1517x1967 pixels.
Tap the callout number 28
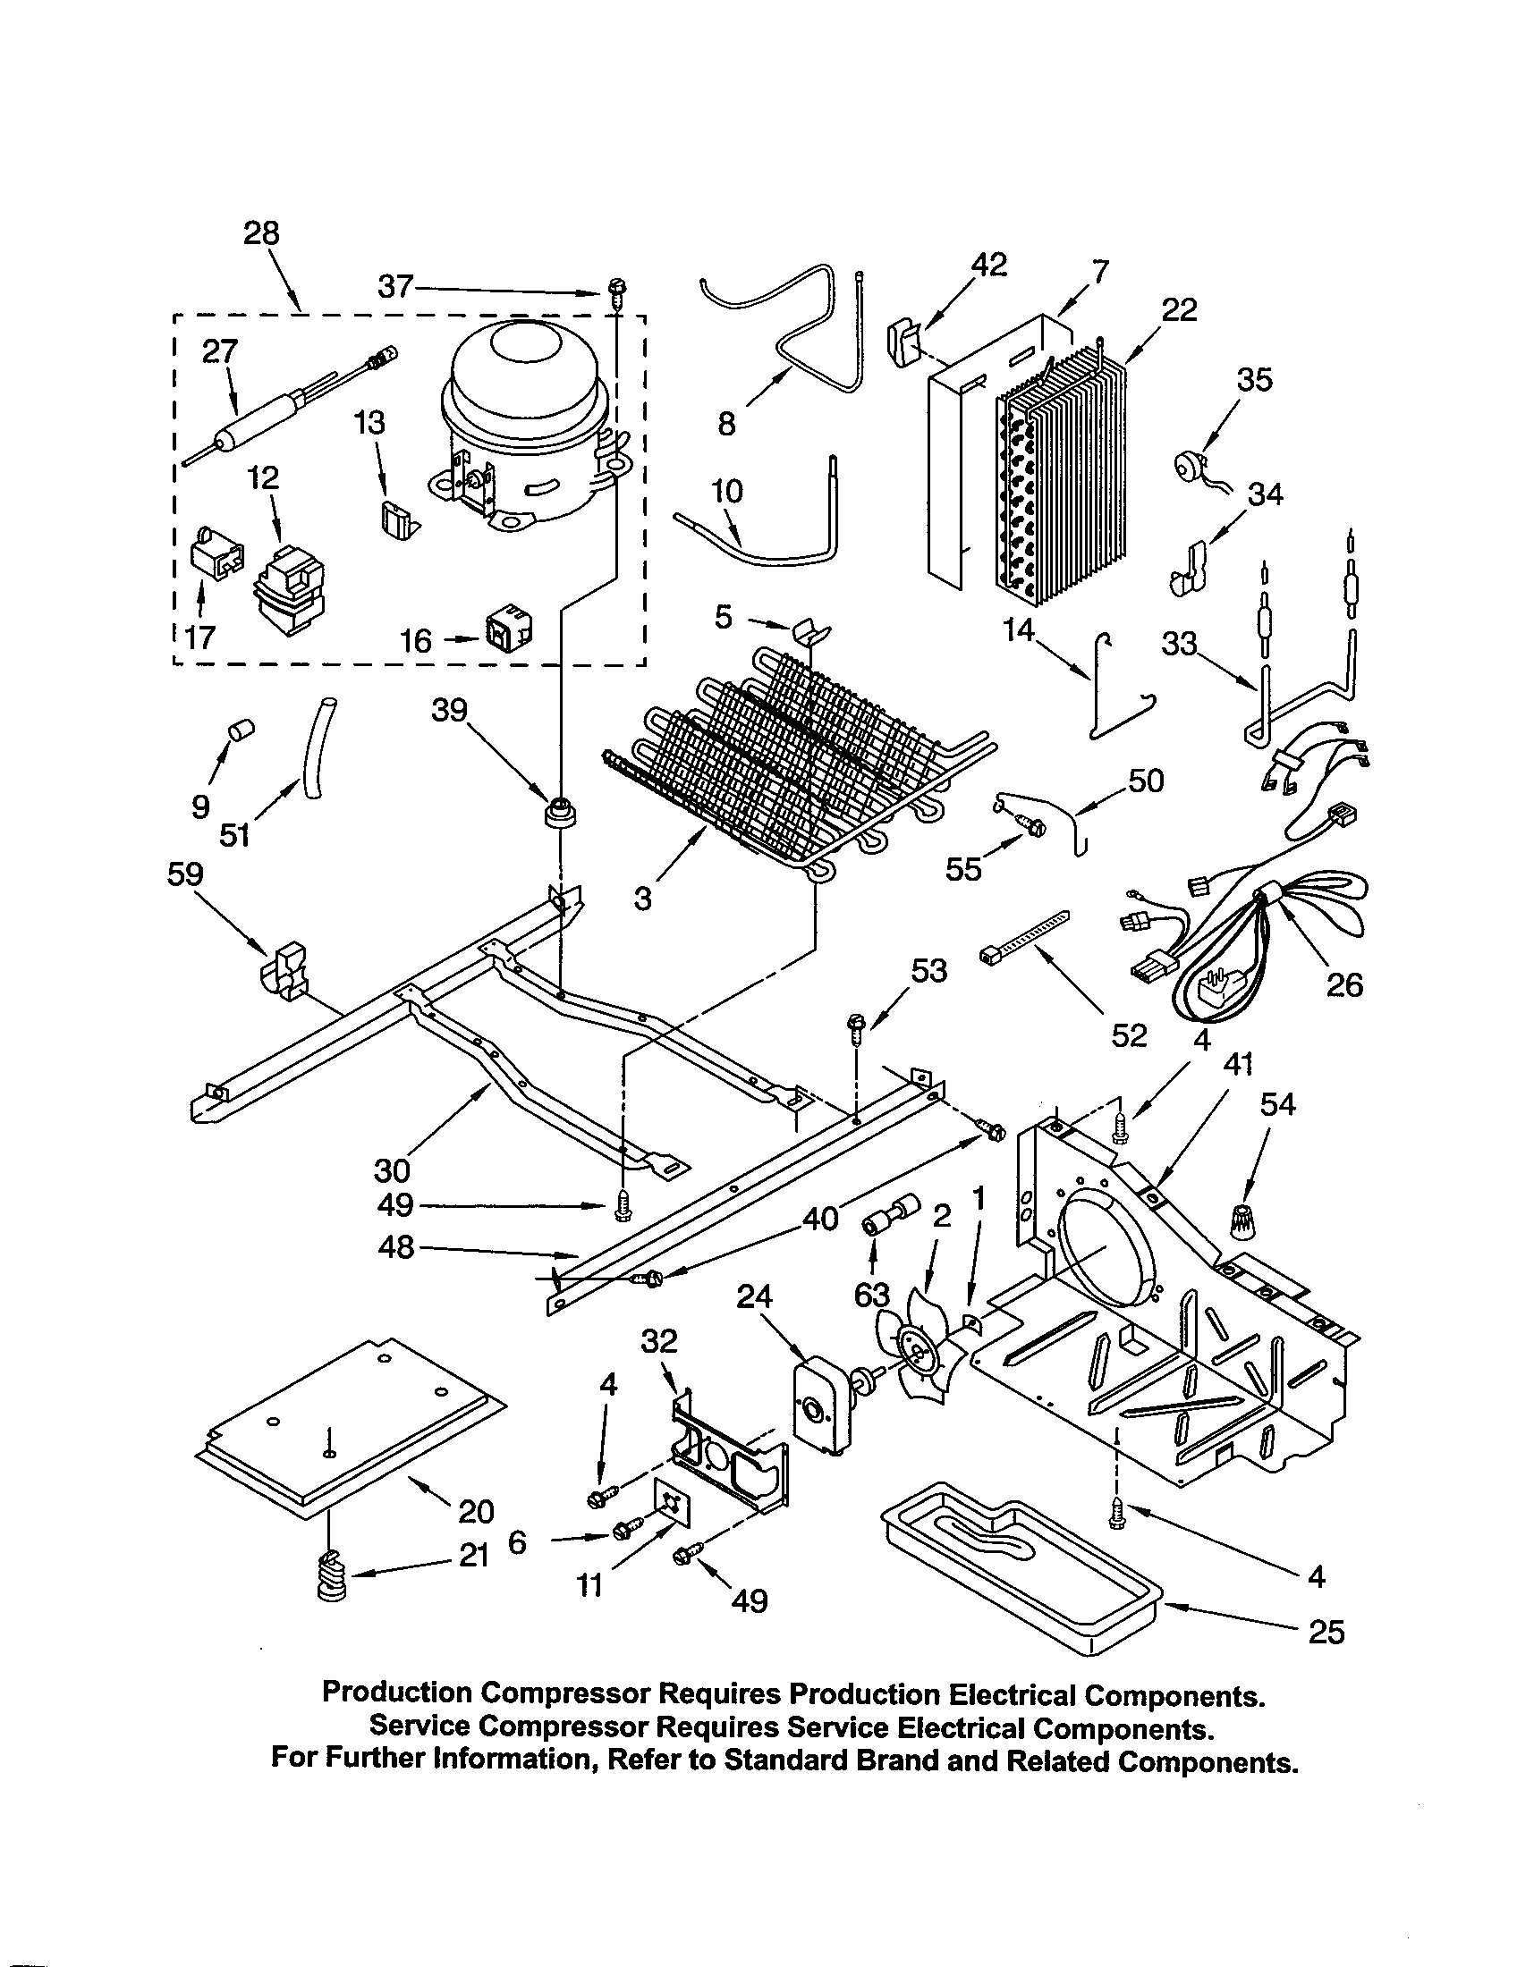(x=261, y=233)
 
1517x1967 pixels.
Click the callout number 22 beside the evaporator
(x=1179, y=310)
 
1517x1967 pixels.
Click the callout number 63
(x=871, y=1296)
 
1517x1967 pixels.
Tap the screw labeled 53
(x=855, y=1026)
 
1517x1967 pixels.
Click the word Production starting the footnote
(x=396, y=1693)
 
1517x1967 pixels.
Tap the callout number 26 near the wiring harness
(x=1344, y=984)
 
